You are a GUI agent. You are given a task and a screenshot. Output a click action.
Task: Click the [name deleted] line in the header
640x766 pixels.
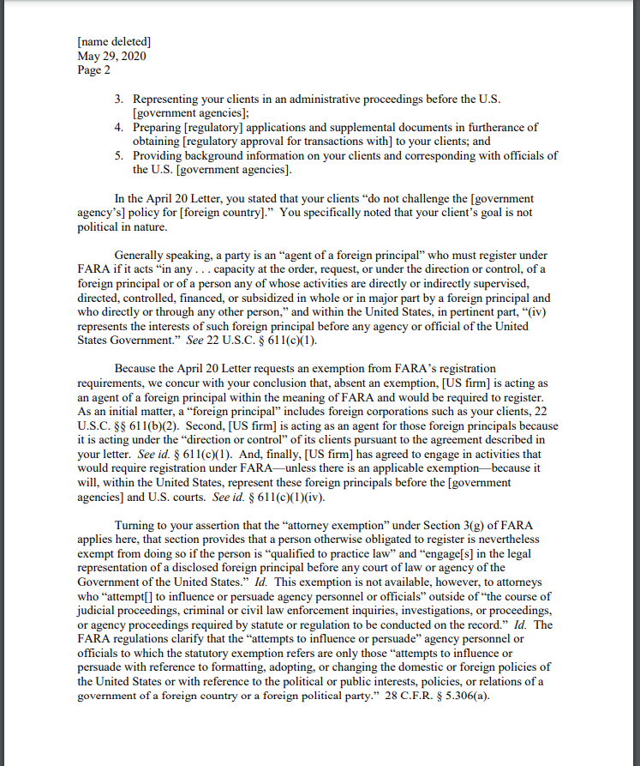tap(114, 41)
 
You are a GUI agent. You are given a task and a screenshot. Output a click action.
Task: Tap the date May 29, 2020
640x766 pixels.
tap(111, 56)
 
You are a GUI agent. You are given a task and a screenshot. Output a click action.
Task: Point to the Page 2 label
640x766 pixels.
tap(93, 70)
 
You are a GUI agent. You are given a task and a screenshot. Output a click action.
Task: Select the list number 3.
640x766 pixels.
tap(120, 100)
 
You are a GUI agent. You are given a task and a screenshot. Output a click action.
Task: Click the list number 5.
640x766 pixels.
tap(120, 155)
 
